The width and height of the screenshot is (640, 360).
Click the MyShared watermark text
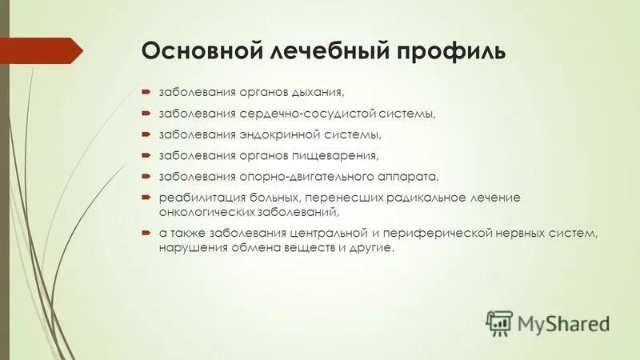tap(562, 322)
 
